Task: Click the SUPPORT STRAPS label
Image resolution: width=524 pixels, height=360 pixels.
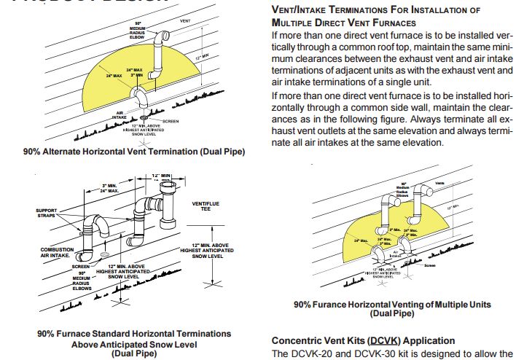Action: pyautogui.click(x=47, y=214)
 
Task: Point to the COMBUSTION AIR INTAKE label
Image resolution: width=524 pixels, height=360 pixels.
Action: pyautogui.click(x=57, y=252)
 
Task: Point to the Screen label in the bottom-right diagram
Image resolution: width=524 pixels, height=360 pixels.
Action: pyautogui.click(x=430, y=265)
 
